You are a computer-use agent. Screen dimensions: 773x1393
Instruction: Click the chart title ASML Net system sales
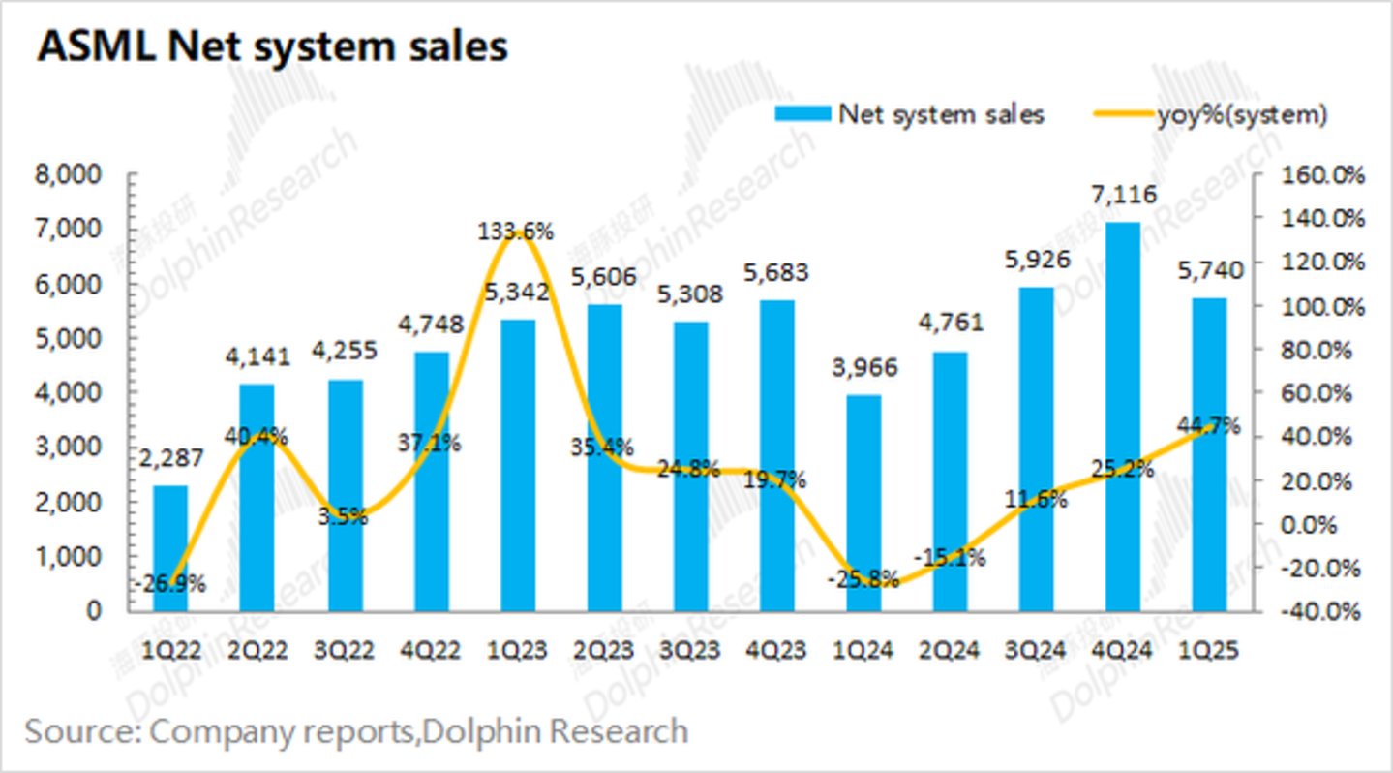[x=272, y=46]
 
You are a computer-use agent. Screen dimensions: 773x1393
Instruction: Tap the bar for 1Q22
[x=170, y=548]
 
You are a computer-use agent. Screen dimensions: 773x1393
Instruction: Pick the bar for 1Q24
[x=864, y=503]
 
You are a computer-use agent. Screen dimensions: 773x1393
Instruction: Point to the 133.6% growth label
[x=515, y=232]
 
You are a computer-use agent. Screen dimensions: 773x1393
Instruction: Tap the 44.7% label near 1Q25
[x=1207, y=425]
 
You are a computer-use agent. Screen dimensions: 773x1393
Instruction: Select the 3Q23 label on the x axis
[x=690, y=650]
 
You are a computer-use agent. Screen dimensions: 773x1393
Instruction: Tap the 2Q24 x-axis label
[x=952, y=650]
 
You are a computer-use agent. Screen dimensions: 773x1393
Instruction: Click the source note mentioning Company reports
[x=356, y=730]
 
